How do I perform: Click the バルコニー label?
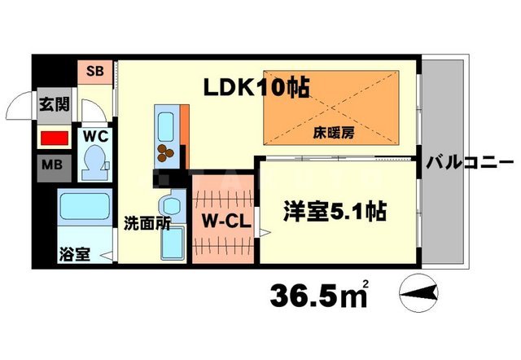pyautogui.click(x=471, y=162)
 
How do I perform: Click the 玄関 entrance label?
pyautogui.click(x=55, y=105)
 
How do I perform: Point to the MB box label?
pyautogui.click(x=52, y=167)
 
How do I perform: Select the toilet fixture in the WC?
pyautogui.click(x=96, y=161)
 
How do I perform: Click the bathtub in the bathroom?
pyautogui.click(x=84, y=210)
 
